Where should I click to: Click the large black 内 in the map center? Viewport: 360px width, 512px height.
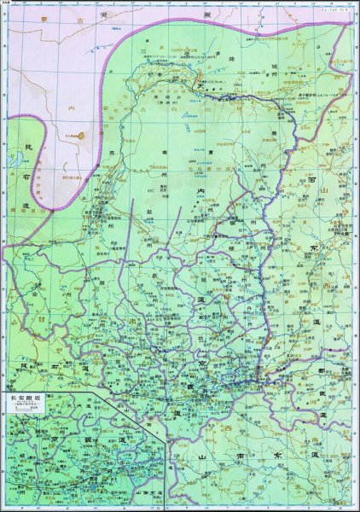(201, 189)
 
